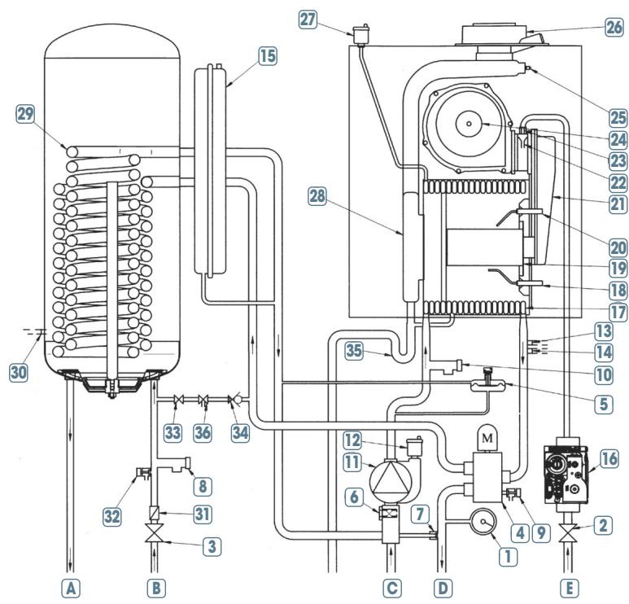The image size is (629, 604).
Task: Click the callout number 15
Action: click(x=268, y=56)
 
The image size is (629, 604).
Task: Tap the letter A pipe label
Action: click(x=71, y=589)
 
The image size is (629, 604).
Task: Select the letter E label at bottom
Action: click(x=569, y=589)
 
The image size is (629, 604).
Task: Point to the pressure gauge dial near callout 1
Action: click(x=483, y=522)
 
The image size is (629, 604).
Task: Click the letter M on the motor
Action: click(x=487, y=438)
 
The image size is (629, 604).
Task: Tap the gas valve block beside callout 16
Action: click(x=566, y=475)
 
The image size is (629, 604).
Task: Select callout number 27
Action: click(x=308, y=20)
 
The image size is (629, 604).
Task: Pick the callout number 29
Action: click(x=25, y=114)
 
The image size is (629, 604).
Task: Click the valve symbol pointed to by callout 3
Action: click(x=155, y=535)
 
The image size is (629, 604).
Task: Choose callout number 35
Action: click(x=354, y=350)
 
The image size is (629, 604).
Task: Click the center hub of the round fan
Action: click(x=469, y=123)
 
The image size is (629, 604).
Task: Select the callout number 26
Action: click(x=614, y=28)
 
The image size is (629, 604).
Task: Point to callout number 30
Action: click(x=19, y=373)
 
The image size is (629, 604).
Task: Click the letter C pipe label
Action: click(x=392, y=589)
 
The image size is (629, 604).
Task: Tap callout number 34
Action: click(x=240, y=432)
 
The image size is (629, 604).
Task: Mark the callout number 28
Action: click(x=317, y=197)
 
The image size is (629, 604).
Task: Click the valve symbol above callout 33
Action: click(x=178, y=400)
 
